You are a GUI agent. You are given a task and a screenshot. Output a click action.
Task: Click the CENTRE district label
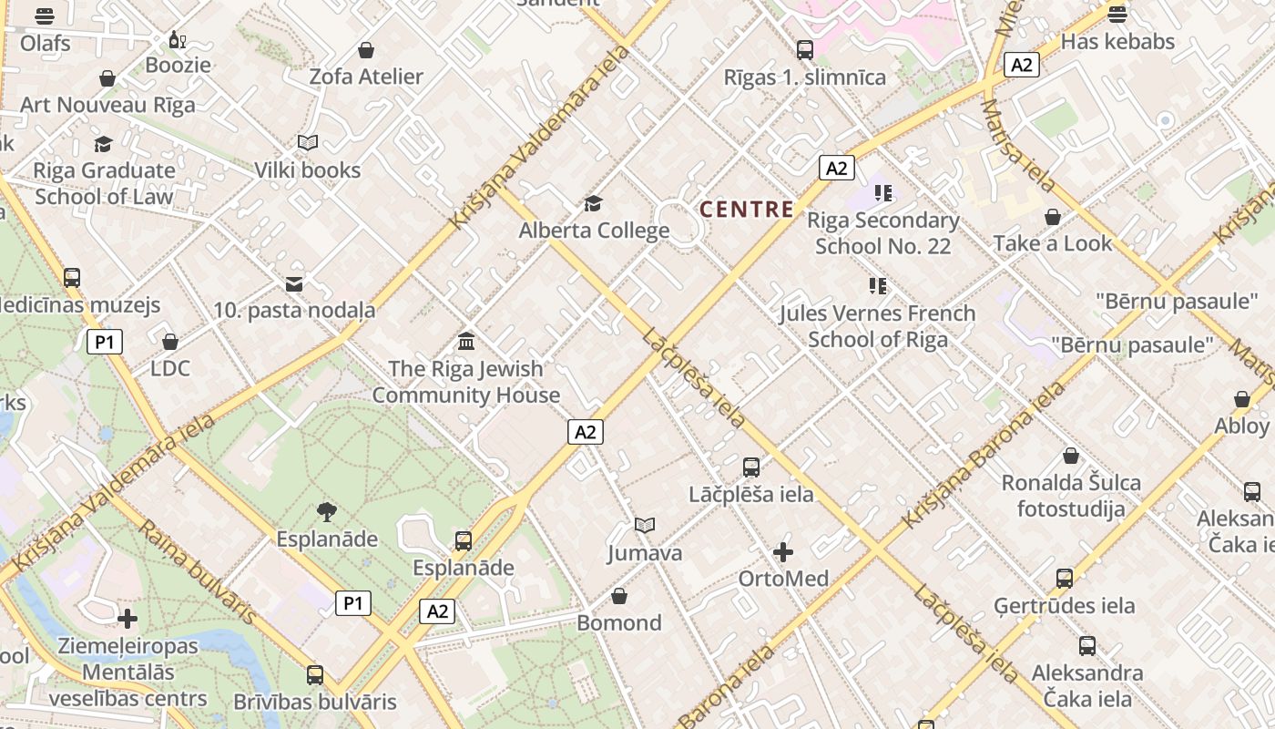click(747, 209)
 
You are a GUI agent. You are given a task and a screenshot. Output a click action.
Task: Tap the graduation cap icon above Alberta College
click(594, 203)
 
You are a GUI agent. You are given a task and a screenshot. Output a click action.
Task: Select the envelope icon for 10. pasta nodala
click(294, 284)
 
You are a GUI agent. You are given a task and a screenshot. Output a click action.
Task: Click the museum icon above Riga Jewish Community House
click(466, 342)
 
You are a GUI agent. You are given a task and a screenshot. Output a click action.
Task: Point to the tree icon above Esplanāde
click(327, 512)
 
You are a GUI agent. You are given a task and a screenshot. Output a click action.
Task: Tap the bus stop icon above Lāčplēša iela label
click(751, 467)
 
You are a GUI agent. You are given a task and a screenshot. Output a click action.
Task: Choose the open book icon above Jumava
click(645, 526)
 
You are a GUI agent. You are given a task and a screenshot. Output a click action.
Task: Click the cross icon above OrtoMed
click(783, 552)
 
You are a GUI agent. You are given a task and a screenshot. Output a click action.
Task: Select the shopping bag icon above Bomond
click(619, 596)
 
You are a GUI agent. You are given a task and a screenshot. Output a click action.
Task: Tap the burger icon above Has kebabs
click(1117, 14)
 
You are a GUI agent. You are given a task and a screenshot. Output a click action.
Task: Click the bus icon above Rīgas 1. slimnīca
click(805, 50)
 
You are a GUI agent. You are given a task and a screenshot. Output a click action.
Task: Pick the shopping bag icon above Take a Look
click(1053, 217)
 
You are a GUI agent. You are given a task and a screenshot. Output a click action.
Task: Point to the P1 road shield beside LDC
click(105, 343)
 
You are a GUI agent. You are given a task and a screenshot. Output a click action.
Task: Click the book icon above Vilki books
click(308, 143)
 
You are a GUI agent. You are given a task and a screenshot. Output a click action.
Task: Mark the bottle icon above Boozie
click(177, 39)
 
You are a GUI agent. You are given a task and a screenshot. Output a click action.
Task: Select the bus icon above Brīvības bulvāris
click(315, 675)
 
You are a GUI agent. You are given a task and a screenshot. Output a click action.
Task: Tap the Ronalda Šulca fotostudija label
click(1071, 496)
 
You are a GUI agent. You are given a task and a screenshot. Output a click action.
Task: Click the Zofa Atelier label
click(366, 77)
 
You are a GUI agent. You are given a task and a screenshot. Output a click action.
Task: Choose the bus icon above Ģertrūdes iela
click(1065, 578)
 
